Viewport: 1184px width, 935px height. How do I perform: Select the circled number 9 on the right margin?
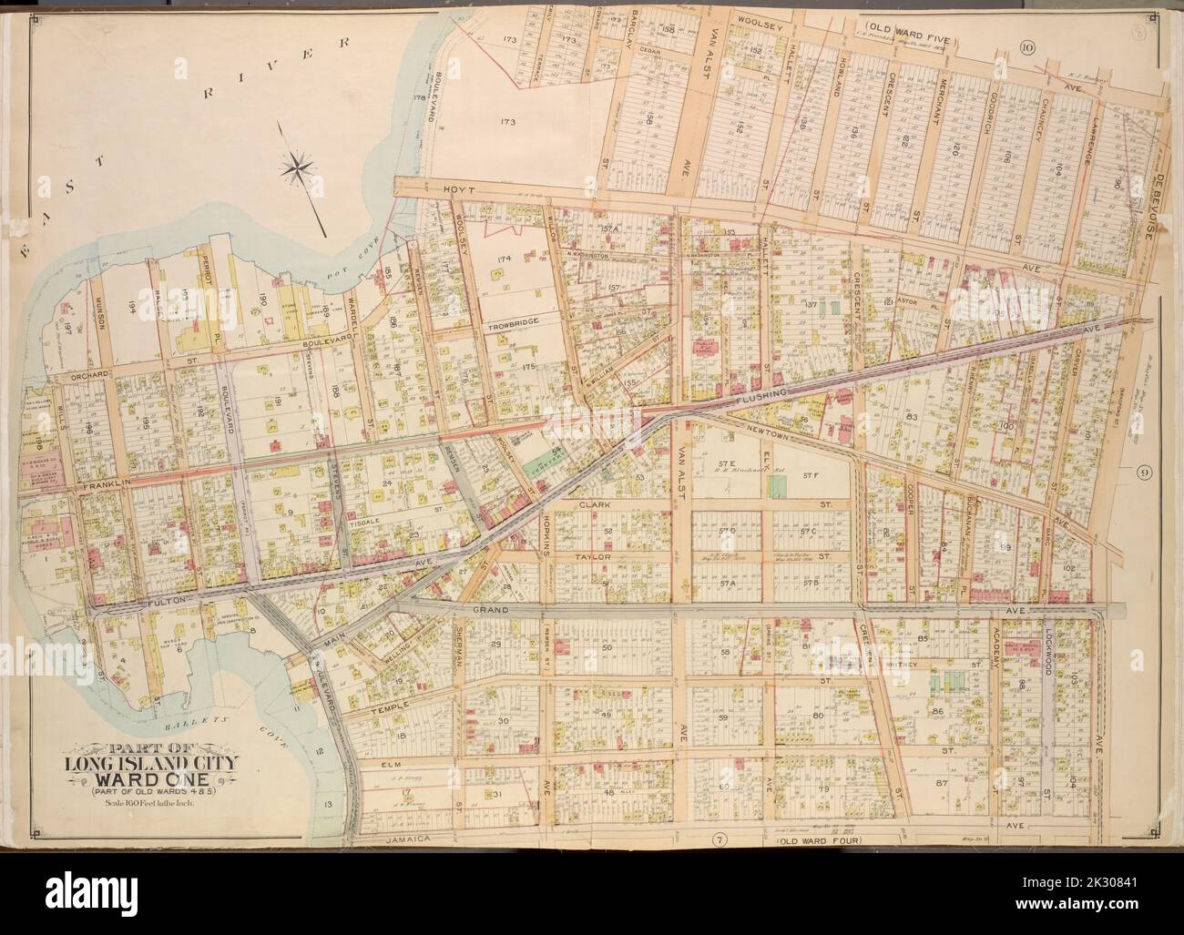(x=1144, y=472)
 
